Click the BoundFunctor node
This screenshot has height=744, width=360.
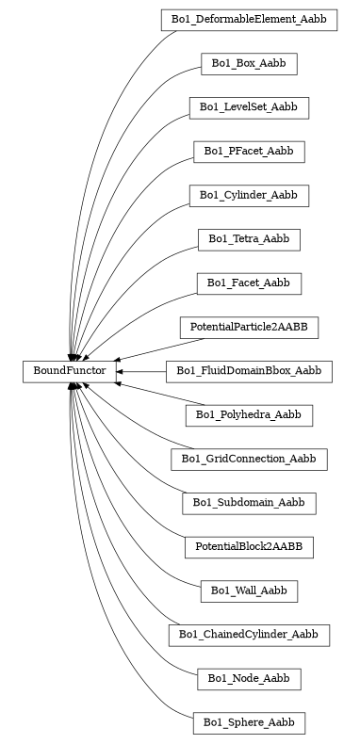[70, 372]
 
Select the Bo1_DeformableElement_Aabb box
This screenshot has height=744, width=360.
[249, 20]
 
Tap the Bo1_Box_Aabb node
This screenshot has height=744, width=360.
[249, 64]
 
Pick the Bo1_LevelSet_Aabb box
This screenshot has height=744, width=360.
[249, 107]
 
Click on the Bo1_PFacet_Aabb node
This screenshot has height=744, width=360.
[249, 152]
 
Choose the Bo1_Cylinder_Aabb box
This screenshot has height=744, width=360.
[249, 196]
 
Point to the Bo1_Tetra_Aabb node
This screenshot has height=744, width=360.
[249, 239]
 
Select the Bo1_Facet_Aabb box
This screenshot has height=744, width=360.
[249, 283]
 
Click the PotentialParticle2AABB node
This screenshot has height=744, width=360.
[249, 328]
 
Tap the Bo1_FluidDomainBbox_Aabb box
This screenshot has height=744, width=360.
[249, 372]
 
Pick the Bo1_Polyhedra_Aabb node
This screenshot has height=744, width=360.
[249, 415]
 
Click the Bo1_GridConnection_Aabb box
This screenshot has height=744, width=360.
[249, 460]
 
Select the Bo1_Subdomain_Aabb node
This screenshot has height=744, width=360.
[249, 503]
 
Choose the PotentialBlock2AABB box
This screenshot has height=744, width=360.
[249, 547]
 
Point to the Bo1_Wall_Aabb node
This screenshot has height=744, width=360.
[249, 591]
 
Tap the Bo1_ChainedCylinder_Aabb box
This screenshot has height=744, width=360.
[249, 636]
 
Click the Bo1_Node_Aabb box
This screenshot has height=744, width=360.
[249, 679]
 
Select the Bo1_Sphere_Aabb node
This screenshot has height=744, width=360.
[249, 723]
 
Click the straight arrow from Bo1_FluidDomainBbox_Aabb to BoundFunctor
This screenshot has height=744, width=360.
[141, 372]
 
